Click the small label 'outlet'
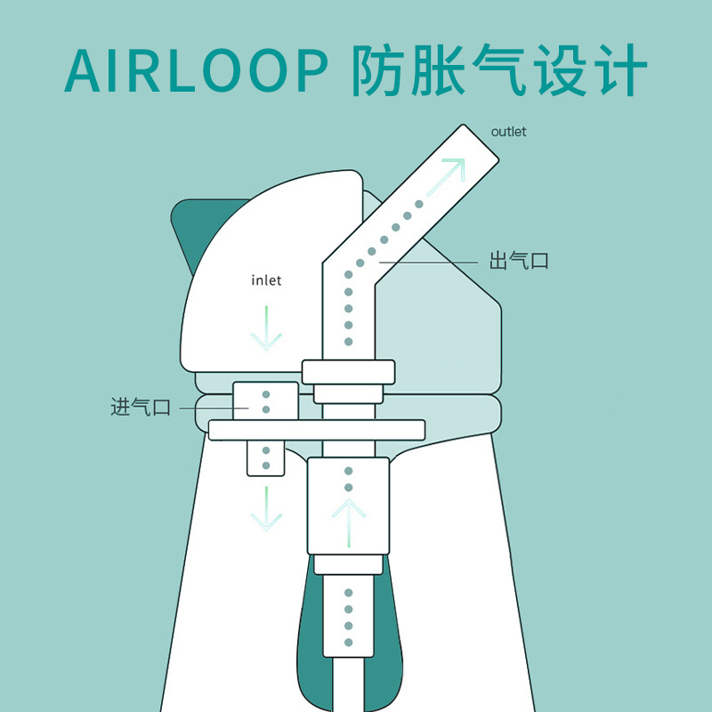click(x=508, y=132)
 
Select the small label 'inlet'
click(x=266, y=280)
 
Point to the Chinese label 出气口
click(x=519, y=262)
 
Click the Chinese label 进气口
click(x=140, y=408)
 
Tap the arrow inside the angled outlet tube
click(x=445, y=176)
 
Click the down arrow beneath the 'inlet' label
click(x=266, y=328)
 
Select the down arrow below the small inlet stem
click(x=265, y=510)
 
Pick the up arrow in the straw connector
click(x=349, y=521)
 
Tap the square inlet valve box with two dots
click(x=265, y=400)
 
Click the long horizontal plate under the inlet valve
click(x=316, y=430)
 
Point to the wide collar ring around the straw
click(x=347, y=371)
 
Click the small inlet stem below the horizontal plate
click(x=265, y=457)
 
